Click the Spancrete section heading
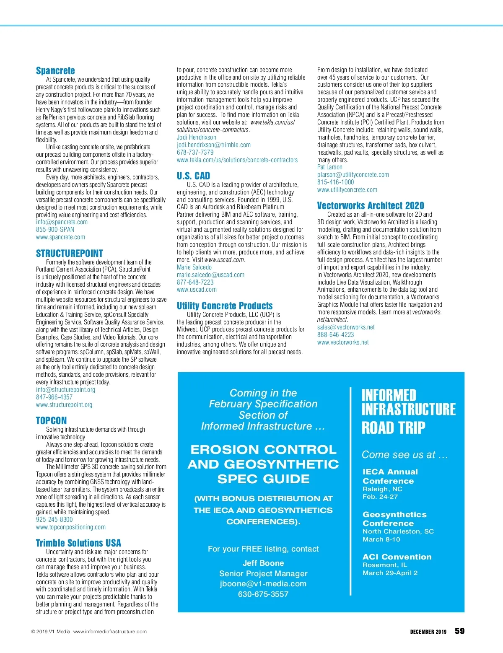coord(55,71)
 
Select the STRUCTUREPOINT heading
coord(69,254)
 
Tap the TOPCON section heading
coord(51,421)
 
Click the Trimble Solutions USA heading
coord(78,543)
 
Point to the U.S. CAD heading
coord(193,176)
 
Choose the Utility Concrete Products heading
coord(225,306)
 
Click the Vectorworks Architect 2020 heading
coord(371,206)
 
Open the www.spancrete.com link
coord(60,237)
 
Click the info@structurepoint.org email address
coord(65,390)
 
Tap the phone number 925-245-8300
coord(54,520)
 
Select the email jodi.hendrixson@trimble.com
coord(213,145)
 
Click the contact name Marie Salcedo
coord(194,267)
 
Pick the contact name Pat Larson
coord(329,167)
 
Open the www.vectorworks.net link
coord(343,342)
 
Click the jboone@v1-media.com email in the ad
coord(263,584)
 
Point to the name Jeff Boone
coord(263,563)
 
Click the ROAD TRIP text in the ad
coord(393,428)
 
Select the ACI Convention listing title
coord(397,557)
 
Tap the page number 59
coord(459,631)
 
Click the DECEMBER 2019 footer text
coord(428,632)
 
